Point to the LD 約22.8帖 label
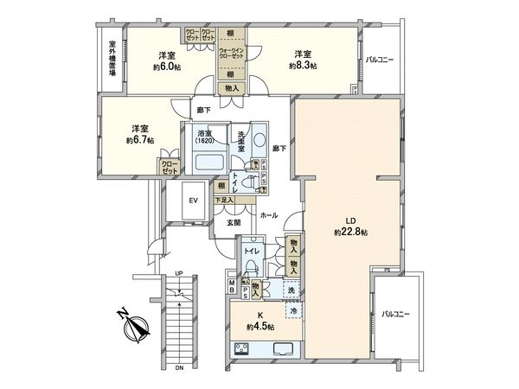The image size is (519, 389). click(x=351, y=233)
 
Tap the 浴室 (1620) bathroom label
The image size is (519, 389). click(x=205, y=139)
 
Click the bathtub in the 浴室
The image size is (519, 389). click(x=207, y=163)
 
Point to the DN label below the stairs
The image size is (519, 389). click(x=177, y=368)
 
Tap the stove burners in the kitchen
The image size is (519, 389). click(x=242, y=349)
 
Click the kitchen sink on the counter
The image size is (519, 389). click(x=285, y=349)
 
